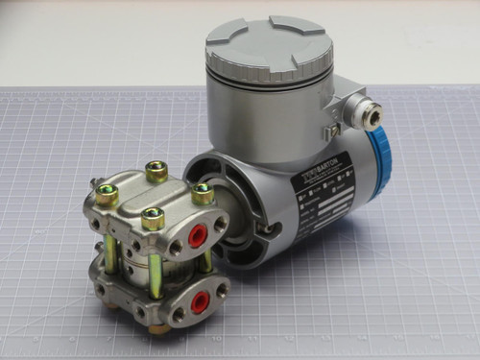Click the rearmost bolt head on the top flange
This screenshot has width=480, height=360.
click(x=156, y=172)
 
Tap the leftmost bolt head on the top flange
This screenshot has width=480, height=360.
click(x=108, y=195)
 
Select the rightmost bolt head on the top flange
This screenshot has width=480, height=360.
click(x=203, y=192)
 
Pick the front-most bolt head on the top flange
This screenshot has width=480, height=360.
click(x=153, y=218)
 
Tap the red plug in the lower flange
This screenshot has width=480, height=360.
click(x=200, y=302)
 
